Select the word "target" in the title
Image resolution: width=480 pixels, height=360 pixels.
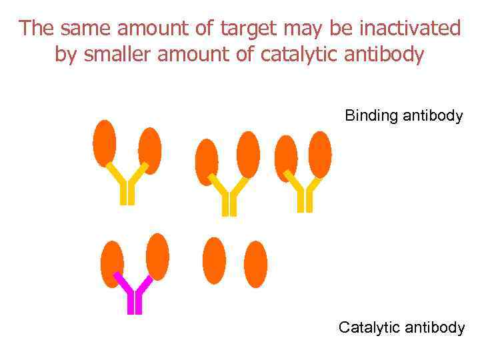tap(246, 29)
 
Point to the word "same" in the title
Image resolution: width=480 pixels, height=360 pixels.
tap(79, 29)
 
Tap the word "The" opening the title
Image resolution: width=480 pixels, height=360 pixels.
tap(35, 29)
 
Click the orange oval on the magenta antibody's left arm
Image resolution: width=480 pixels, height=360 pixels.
tap(112, 264)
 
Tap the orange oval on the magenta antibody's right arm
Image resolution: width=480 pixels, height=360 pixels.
tap(157, 257)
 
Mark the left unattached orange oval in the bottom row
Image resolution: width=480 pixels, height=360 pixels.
tap(214, 261)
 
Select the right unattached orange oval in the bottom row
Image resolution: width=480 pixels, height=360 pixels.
tap(255, 264)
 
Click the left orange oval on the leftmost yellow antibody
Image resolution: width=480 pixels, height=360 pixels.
tap(105, 143)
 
